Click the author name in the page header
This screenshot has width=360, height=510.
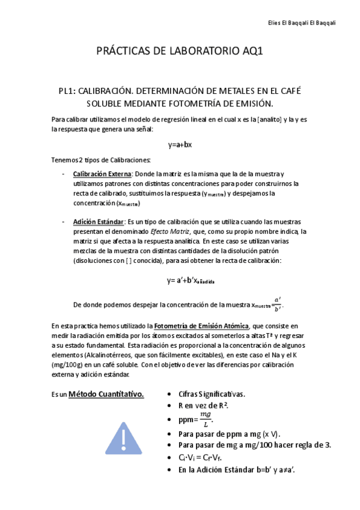click(310, 23)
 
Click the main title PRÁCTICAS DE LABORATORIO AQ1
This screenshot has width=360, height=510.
click(180, 52)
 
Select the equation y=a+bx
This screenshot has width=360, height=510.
click(180, 144)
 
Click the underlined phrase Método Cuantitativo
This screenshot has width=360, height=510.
click(106, 395)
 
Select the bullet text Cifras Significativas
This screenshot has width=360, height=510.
click(211, 394)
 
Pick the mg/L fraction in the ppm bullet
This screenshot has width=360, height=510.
click(206, 419)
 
